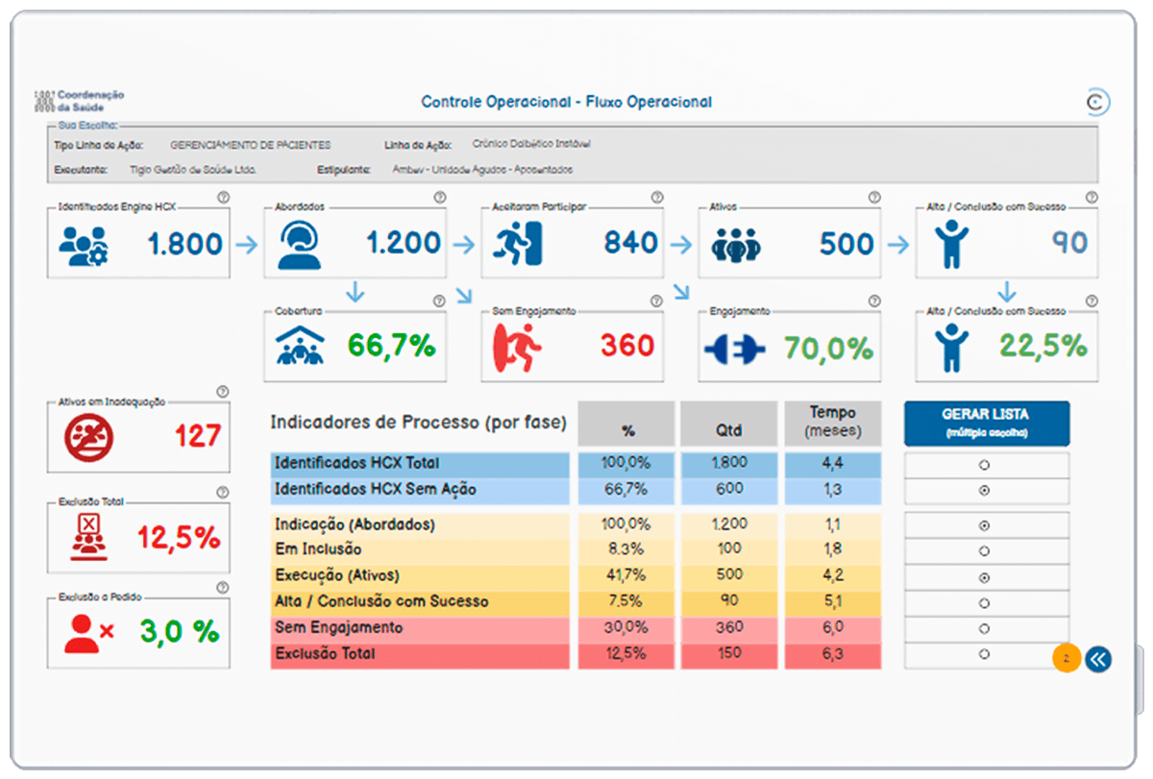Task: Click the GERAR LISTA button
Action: coord(986,423)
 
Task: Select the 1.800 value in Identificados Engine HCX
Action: coord(185,244)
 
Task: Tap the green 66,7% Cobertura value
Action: coord(391,346)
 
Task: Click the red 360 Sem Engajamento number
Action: coord(627,346)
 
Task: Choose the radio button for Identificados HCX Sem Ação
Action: coord(985,491)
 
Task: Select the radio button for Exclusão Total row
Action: coord(985,654)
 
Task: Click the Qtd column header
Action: coord(728,429)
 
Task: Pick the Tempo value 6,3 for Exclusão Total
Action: coord(832,654)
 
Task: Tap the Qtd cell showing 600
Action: coord(728,489)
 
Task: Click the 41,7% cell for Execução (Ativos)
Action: coord(626,575)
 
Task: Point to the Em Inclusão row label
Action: coord(318,549)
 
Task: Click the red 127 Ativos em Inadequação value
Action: coord(198,436)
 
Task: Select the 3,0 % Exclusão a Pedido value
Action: coord(179,632)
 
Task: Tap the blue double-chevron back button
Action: coord(1098,659)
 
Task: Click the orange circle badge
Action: coord(1067,659)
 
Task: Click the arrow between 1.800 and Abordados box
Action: coord(247,245)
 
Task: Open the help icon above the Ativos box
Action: coord(874,197)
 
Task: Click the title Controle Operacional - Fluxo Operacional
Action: coord(567,102)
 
